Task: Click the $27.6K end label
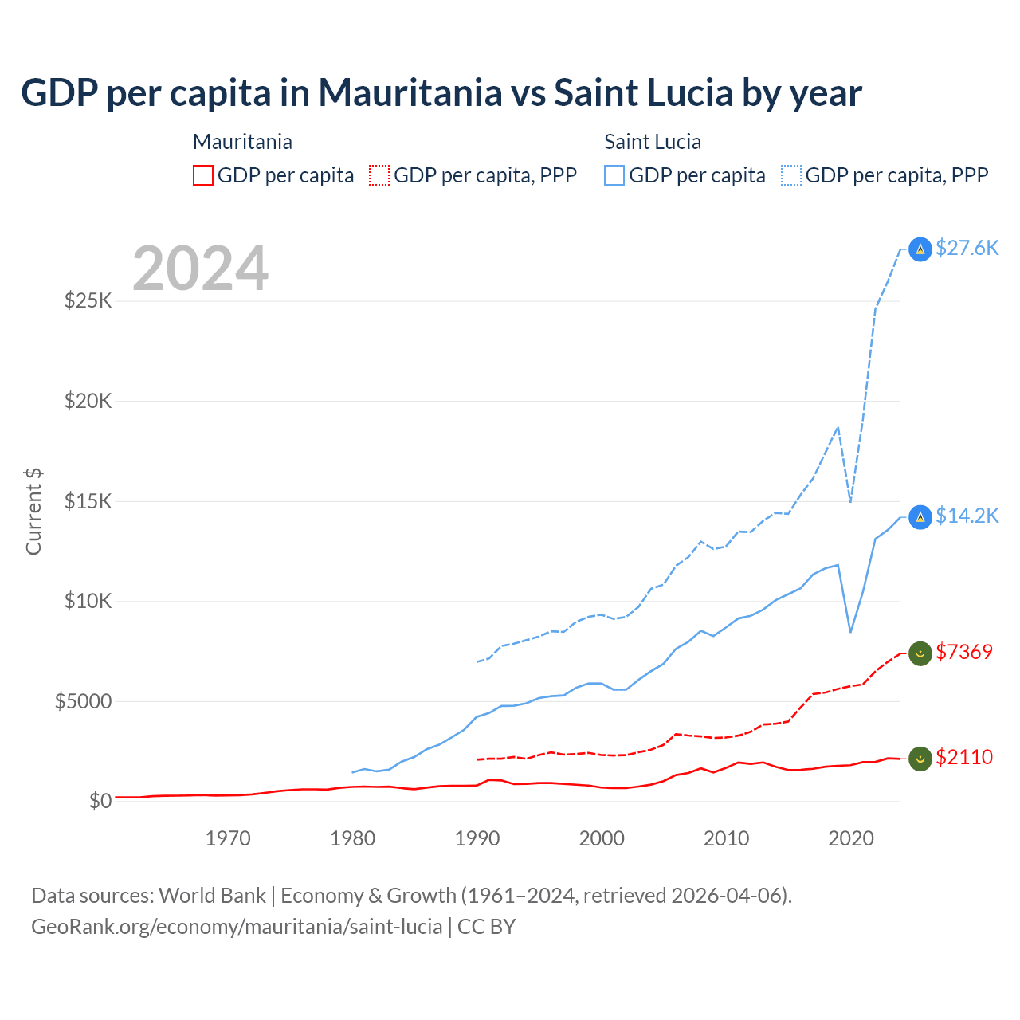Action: pos(967,248)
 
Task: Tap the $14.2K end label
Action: pos(967,516)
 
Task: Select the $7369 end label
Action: pos(964,652)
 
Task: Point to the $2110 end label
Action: pos(964,757)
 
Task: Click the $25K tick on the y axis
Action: pos(88,301)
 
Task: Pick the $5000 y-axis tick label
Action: pos(83,701)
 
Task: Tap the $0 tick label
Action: pos(100,801)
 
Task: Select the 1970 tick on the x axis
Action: pos(228,838)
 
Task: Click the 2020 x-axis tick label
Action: pos(851,838)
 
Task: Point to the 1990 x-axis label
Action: pos(477,838)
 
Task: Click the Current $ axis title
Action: pos(33,512)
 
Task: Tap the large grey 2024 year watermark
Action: pos(200,269)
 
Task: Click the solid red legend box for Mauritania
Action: pos(203,175)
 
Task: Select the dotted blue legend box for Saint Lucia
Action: pos(791,175)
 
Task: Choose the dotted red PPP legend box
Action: pos(379,175)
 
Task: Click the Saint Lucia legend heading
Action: pos(653,142)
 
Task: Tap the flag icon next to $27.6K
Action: pos(920,249)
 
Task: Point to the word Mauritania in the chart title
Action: pos(410,93)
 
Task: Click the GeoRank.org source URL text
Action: pos(237,927)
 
